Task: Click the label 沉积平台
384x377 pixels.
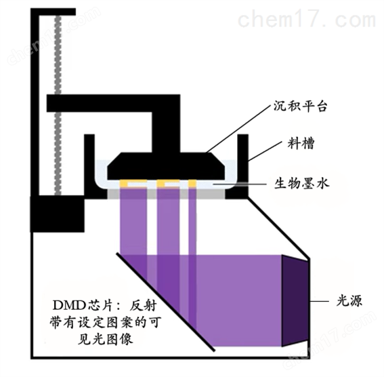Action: pyautogui.click(x=300, y=106)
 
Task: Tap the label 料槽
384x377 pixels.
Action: pyautogui.click(x=301, y=143)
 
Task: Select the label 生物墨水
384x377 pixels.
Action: pyautogui.click(x=301, y=183)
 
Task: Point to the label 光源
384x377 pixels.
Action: pyautogui.click(x=349, y=301)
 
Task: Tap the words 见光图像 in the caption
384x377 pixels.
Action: pyautogui.click(x=105, y=339)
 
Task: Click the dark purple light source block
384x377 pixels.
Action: pyautogui.click(x=295, y=301)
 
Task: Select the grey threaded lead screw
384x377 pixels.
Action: pyautogui.click(x=58, y=105)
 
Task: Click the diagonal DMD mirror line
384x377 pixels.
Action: pyautogui.click(x=165, y=302)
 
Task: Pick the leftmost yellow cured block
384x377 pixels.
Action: pyautogui.click(x=133, y=183)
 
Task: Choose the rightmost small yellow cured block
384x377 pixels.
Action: pyautogui.click(x=192, y=183)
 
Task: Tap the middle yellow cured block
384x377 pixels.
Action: pyautogui.click(x=168, y=183)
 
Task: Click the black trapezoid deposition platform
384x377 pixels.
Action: pyautogui.click(x=166, y=166)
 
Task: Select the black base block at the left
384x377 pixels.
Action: pyautogui.click(x=58, y=214)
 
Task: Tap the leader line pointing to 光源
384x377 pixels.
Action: pyautogui.click(x=320, y=301)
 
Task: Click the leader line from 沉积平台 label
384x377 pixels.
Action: pyautogui.click(x=238, y=130)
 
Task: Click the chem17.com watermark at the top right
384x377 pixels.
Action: pyautogui.click(x=307, y=20)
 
